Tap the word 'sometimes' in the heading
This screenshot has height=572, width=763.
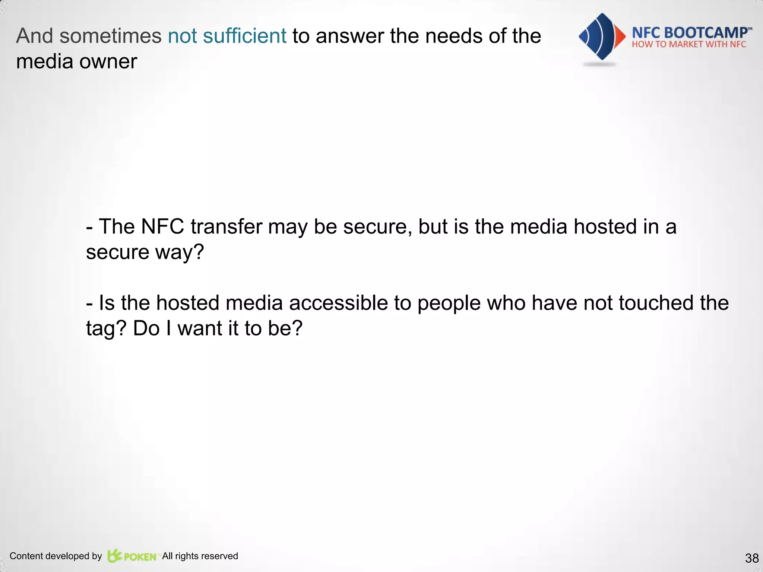[x=110, y=36]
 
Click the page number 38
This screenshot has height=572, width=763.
[x=752, y=558]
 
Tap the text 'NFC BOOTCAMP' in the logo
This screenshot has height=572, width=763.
[x=689, y=33]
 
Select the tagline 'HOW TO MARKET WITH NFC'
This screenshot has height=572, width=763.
[x=688, y=45]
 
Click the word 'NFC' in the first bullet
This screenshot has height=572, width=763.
[x=162, y=226]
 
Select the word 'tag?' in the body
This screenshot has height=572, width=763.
[x=106, y=328]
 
